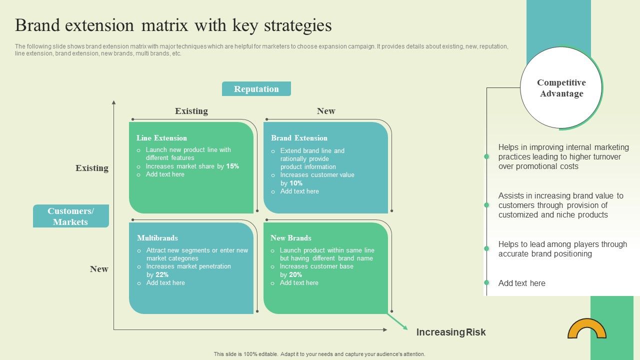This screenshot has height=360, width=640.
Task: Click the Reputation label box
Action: point(256,89)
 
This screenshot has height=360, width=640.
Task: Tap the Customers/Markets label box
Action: point(70,216)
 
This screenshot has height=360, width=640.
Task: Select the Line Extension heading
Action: point(161,138)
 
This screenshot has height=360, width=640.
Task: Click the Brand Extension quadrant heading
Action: point(299,138)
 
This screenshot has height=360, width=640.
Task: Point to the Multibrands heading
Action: point(157,238)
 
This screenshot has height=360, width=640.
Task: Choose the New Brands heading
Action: point(291,238)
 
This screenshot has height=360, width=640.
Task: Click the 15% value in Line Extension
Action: point(232,166)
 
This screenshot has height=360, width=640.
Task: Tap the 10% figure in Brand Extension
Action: point(296,183)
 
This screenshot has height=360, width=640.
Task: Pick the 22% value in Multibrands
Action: point(162,275)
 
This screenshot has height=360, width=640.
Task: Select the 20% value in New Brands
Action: point(295,275)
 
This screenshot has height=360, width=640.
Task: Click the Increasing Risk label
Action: point(451,332)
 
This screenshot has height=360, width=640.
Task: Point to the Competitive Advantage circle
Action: point(561,88)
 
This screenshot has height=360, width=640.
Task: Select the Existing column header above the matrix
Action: point(191,111)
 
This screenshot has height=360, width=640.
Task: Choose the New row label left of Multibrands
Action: point(99,269)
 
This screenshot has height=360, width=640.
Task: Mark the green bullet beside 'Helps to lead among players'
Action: point(486,248)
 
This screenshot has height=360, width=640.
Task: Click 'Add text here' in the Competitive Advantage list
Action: point(521,283)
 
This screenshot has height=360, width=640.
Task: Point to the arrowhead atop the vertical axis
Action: point(114,102)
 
